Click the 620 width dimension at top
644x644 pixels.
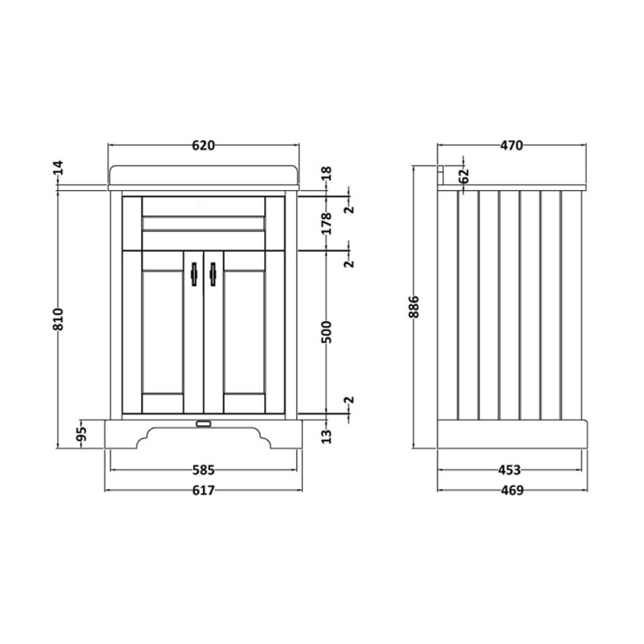203,146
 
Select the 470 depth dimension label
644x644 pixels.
512,146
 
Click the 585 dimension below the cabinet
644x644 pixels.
202,469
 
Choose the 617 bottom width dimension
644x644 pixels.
202,490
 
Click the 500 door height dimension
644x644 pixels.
325,332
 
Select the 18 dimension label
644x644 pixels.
325,174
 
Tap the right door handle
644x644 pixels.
213,275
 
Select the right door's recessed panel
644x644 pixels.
244,330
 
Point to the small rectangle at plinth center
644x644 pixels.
203,421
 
